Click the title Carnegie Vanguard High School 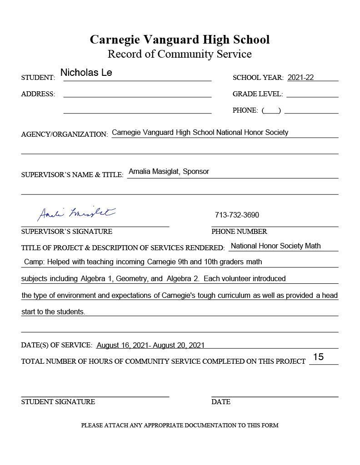(x=180, y=40)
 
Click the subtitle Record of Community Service (x=180, y=54)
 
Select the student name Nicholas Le (x=86, y=73)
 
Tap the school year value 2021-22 (x=300, y=77)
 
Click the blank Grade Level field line (x=312, y=94)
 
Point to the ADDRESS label (x=38, y=94)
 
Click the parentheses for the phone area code (x=271, y=110)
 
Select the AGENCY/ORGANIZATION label (x=64, y=134)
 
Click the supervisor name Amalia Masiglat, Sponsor (x=169, y=172)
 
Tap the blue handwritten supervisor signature (x=76, y=213)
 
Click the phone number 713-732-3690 (x=237, y=215)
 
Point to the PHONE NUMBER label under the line (x=239, y=232)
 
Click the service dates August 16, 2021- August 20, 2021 (x=150, y=346)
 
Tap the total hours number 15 (x=318, y=357)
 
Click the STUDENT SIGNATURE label (x=58, y=402)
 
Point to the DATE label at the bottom (x=221, y=402)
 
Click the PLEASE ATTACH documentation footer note (x=180, y=425)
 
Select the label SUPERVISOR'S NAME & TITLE (x=72, y=175)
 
